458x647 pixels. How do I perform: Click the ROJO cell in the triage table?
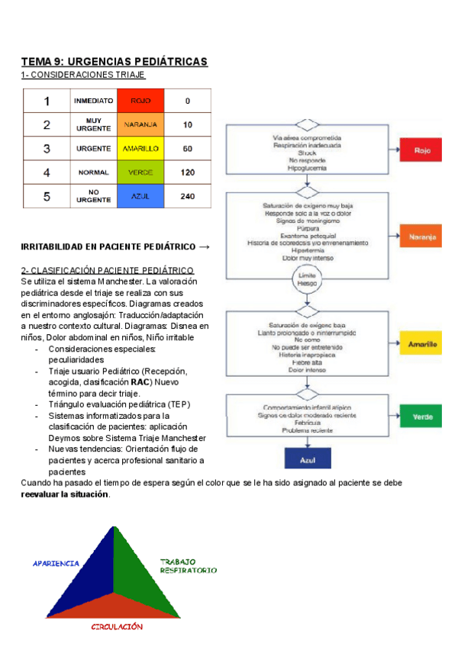coord(140,101)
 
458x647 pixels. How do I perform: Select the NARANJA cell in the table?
coord(140,124)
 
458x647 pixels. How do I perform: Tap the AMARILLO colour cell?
coord(140,148)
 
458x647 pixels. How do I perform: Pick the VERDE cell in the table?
coord(140,172)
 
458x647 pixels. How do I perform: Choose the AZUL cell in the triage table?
coord(140,196)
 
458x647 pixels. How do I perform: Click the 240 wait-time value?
coord(188,196)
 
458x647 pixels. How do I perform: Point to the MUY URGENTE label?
coord(94,124)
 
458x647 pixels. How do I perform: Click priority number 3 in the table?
coord(47,148)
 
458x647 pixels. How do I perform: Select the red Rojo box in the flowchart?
coord(422,151)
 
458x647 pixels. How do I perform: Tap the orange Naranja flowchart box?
coord(422,237)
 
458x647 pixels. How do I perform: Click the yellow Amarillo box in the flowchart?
coord(422,344)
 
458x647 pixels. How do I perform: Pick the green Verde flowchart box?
coord(422,417)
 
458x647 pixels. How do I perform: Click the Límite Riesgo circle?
coord(306,279)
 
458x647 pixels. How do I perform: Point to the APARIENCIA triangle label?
coord(56,563)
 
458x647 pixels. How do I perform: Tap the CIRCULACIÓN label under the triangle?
coord(117,626)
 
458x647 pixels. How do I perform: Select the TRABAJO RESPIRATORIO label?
coord(188,566)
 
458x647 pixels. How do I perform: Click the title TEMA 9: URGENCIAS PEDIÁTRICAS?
coord(114,61)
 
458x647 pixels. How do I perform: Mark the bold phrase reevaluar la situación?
coord(65,494)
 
